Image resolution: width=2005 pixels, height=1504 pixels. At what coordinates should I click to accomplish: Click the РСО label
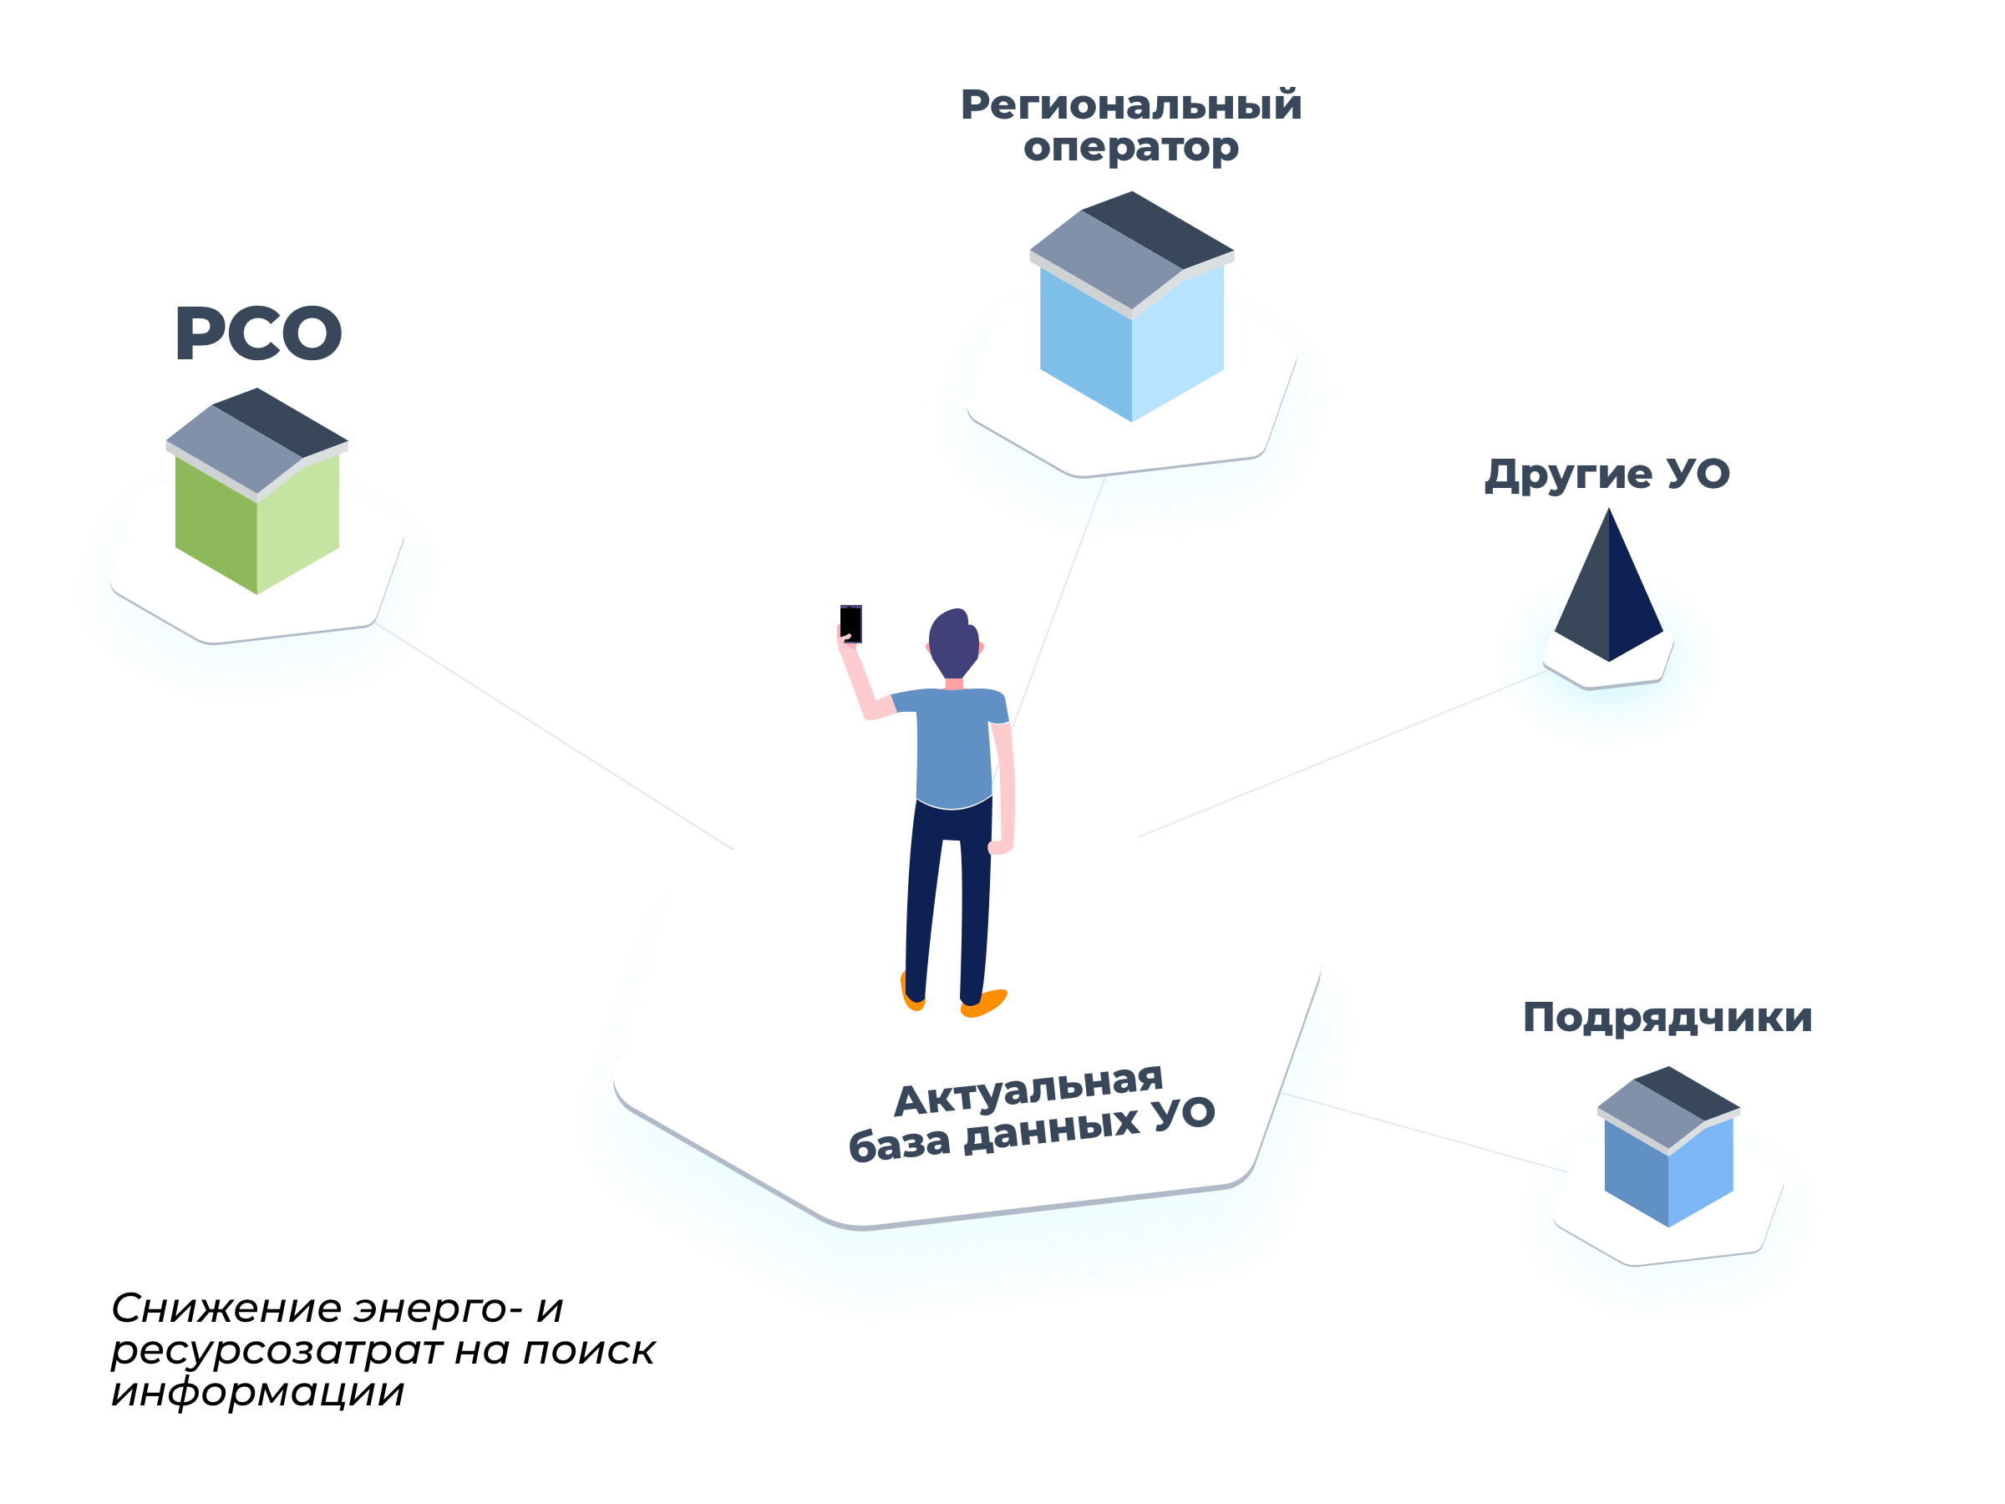click(258, 333)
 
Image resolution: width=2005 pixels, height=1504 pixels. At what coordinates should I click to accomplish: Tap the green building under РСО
click(256, 516)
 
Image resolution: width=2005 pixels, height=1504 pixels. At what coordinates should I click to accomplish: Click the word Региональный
click(1131, 105)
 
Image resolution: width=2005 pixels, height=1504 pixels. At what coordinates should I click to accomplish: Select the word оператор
click(1131, 147)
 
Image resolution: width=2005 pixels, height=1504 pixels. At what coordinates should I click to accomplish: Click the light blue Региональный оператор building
click(1132, 335)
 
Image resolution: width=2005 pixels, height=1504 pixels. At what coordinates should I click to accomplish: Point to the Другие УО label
click(1607, 474)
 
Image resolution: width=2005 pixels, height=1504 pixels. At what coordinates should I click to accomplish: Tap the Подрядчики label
click(1667, 1017)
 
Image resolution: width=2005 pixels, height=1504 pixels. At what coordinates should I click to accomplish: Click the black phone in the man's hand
click(850, 623)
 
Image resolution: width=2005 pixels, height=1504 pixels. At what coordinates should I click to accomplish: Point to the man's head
click(953, 642)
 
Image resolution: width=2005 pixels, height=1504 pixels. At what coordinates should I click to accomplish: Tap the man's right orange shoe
click(983, 1003)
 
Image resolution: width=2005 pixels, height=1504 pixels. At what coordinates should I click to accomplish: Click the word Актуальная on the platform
click(1028, 1089)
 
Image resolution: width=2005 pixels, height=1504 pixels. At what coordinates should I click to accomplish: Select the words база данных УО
click(1032, 1131)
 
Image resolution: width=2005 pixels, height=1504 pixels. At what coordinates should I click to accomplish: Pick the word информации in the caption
click(257, 1391)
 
